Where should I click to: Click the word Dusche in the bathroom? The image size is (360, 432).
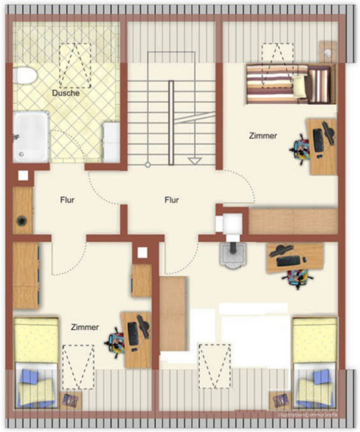click(x=66, y=93)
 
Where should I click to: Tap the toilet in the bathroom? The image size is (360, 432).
click(x=25, y=75)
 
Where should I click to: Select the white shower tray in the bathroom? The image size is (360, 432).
click(x=31, y=137)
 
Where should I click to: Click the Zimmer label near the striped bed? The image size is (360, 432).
click(x=263, y=136)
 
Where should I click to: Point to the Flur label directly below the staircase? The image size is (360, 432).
click(x=172, y=200)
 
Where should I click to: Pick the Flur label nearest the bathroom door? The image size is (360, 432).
click(x=67, y=200)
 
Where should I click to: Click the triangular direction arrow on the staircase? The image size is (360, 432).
click(x=195, y=161)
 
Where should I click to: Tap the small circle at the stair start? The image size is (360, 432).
click(x=148, y=165)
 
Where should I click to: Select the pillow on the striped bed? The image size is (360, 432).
click(x=299, y=86)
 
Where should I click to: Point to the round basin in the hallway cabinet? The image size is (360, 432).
click(x=21, y=221)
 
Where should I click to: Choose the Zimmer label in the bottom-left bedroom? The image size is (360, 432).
click(x=85, y=327)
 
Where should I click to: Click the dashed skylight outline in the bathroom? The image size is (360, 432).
click(x=75, y=66)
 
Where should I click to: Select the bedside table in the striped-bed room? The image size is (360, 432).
click(x=328, y=51)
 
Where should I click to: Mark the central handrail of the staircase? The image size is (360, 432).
click(x=171, y=123)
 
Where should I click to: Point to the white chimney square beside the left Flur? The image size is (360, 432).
click(x=23, y=176)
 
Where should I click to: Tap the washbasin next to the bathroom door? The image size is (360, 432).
click(x=111, y=143)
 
